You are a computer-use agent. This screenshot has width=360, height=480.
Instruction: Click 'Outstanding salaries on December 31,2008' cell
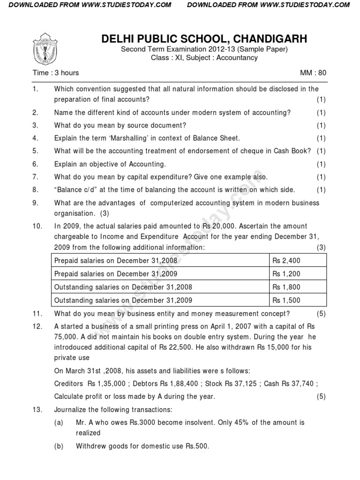click(x=123, y=287)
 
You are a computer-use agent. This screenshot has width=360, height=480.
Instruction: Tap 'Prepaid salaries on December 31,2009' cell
click(x=116, y=273)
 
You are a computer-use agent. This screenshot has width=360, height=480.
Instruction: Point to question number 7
click(x=35, y=177)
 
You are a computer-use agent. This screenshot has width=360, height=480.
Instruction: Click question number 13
click(x=37, y=409)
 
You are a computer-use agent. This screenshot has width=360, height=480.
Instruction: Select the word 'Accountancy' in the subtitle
click(x=237, y=58)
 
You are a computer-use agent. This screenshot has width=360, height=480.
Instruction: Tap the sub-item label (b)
click(x=59, y=446)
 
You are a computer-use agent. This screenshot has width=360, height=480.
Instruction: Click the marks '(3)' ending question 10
click(x=321, y=247)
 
